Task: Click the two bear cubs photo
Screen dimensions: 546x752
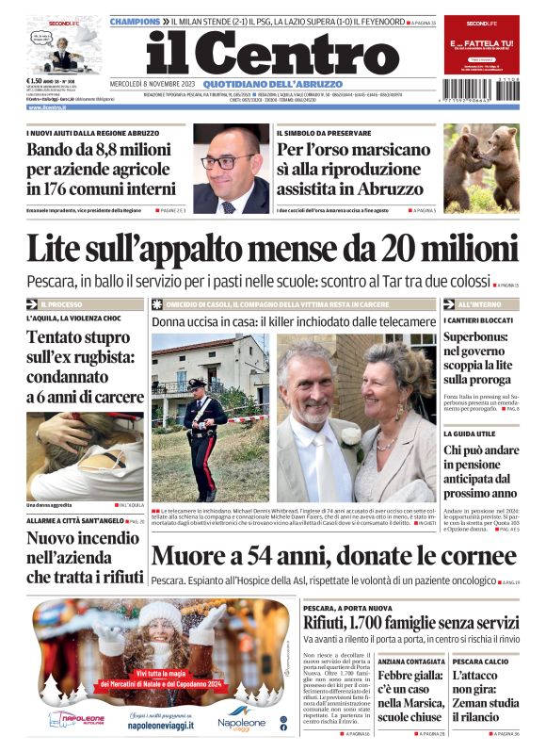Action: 480,169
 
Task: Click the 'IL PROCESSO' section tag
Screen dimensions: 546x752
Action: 61,304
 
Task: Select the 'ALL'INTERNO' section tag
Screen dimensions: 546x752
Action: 479,304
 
